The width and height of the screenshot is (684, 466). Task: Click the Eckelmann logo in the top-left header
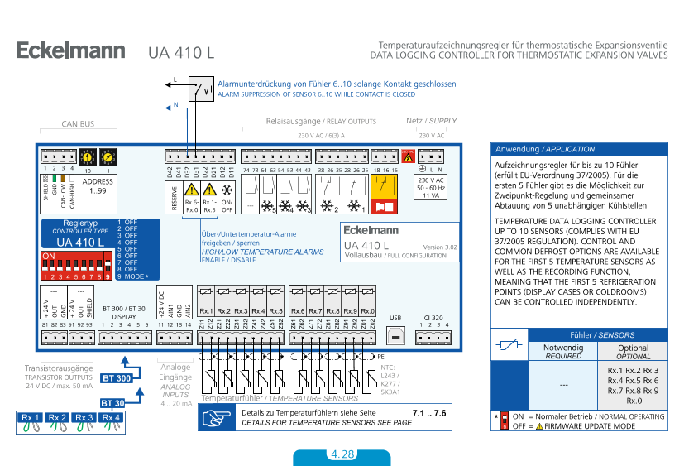point(70,50)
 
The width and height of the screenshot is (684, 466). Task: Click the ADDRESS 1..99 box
point(98,185)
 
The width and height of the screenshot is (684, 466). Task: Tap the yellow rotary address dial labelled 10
point(88,156)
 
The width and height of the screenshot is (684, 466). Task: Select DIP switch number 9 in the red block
point(108,266)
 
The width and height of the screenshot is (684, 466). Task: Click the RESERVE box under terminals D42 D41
point(173,198)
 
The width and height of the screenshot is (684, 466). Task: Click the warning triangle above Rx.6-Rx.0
point(191,190)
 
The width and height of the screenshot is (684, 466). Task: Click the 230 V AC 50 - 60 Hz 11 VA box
point(430,187)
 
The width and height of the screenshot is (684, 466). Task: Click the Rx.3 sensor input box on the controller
point(241,311)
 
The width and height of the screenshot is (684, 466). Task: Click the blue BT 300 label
point(116,377)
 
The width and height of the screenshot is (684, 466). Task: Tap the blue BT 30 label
point(112,403)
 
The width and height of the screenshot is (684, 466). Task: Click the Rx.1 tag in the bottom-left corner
point(30,418)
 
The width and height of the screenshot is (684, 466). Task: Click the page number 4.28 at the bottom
point(342,455)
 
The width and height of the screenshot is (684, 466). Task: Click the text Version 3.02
point(439,247)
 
